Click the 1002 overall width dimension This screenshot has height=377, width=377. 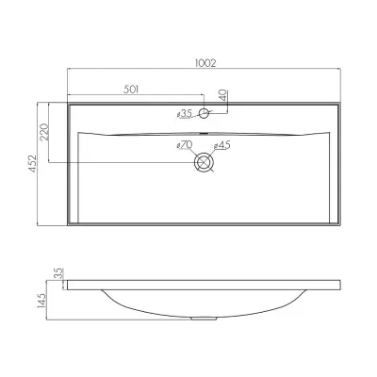click(x=205, y=63)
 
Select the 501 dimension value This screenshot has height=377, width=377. click(x=131, y=90)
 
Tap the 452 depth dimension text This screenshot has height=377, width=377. click(x=33, y=163)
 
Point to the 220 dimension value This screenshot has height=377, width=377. click(x=44, y=132)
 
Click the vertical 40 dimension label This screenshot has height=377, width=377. click(x=222, y=95)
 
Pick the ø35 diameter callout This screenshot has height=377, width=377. click(x=185, y=114)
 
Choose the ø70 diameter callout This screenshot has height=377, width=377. click(x=185, y=145)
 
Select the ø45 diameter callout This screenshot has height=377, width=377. click(x=222, y=145)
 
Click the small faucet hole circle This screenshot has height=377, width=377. click(x=205, y=113)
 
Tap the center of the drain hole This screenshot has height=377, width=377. click(x=205, y=162)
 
